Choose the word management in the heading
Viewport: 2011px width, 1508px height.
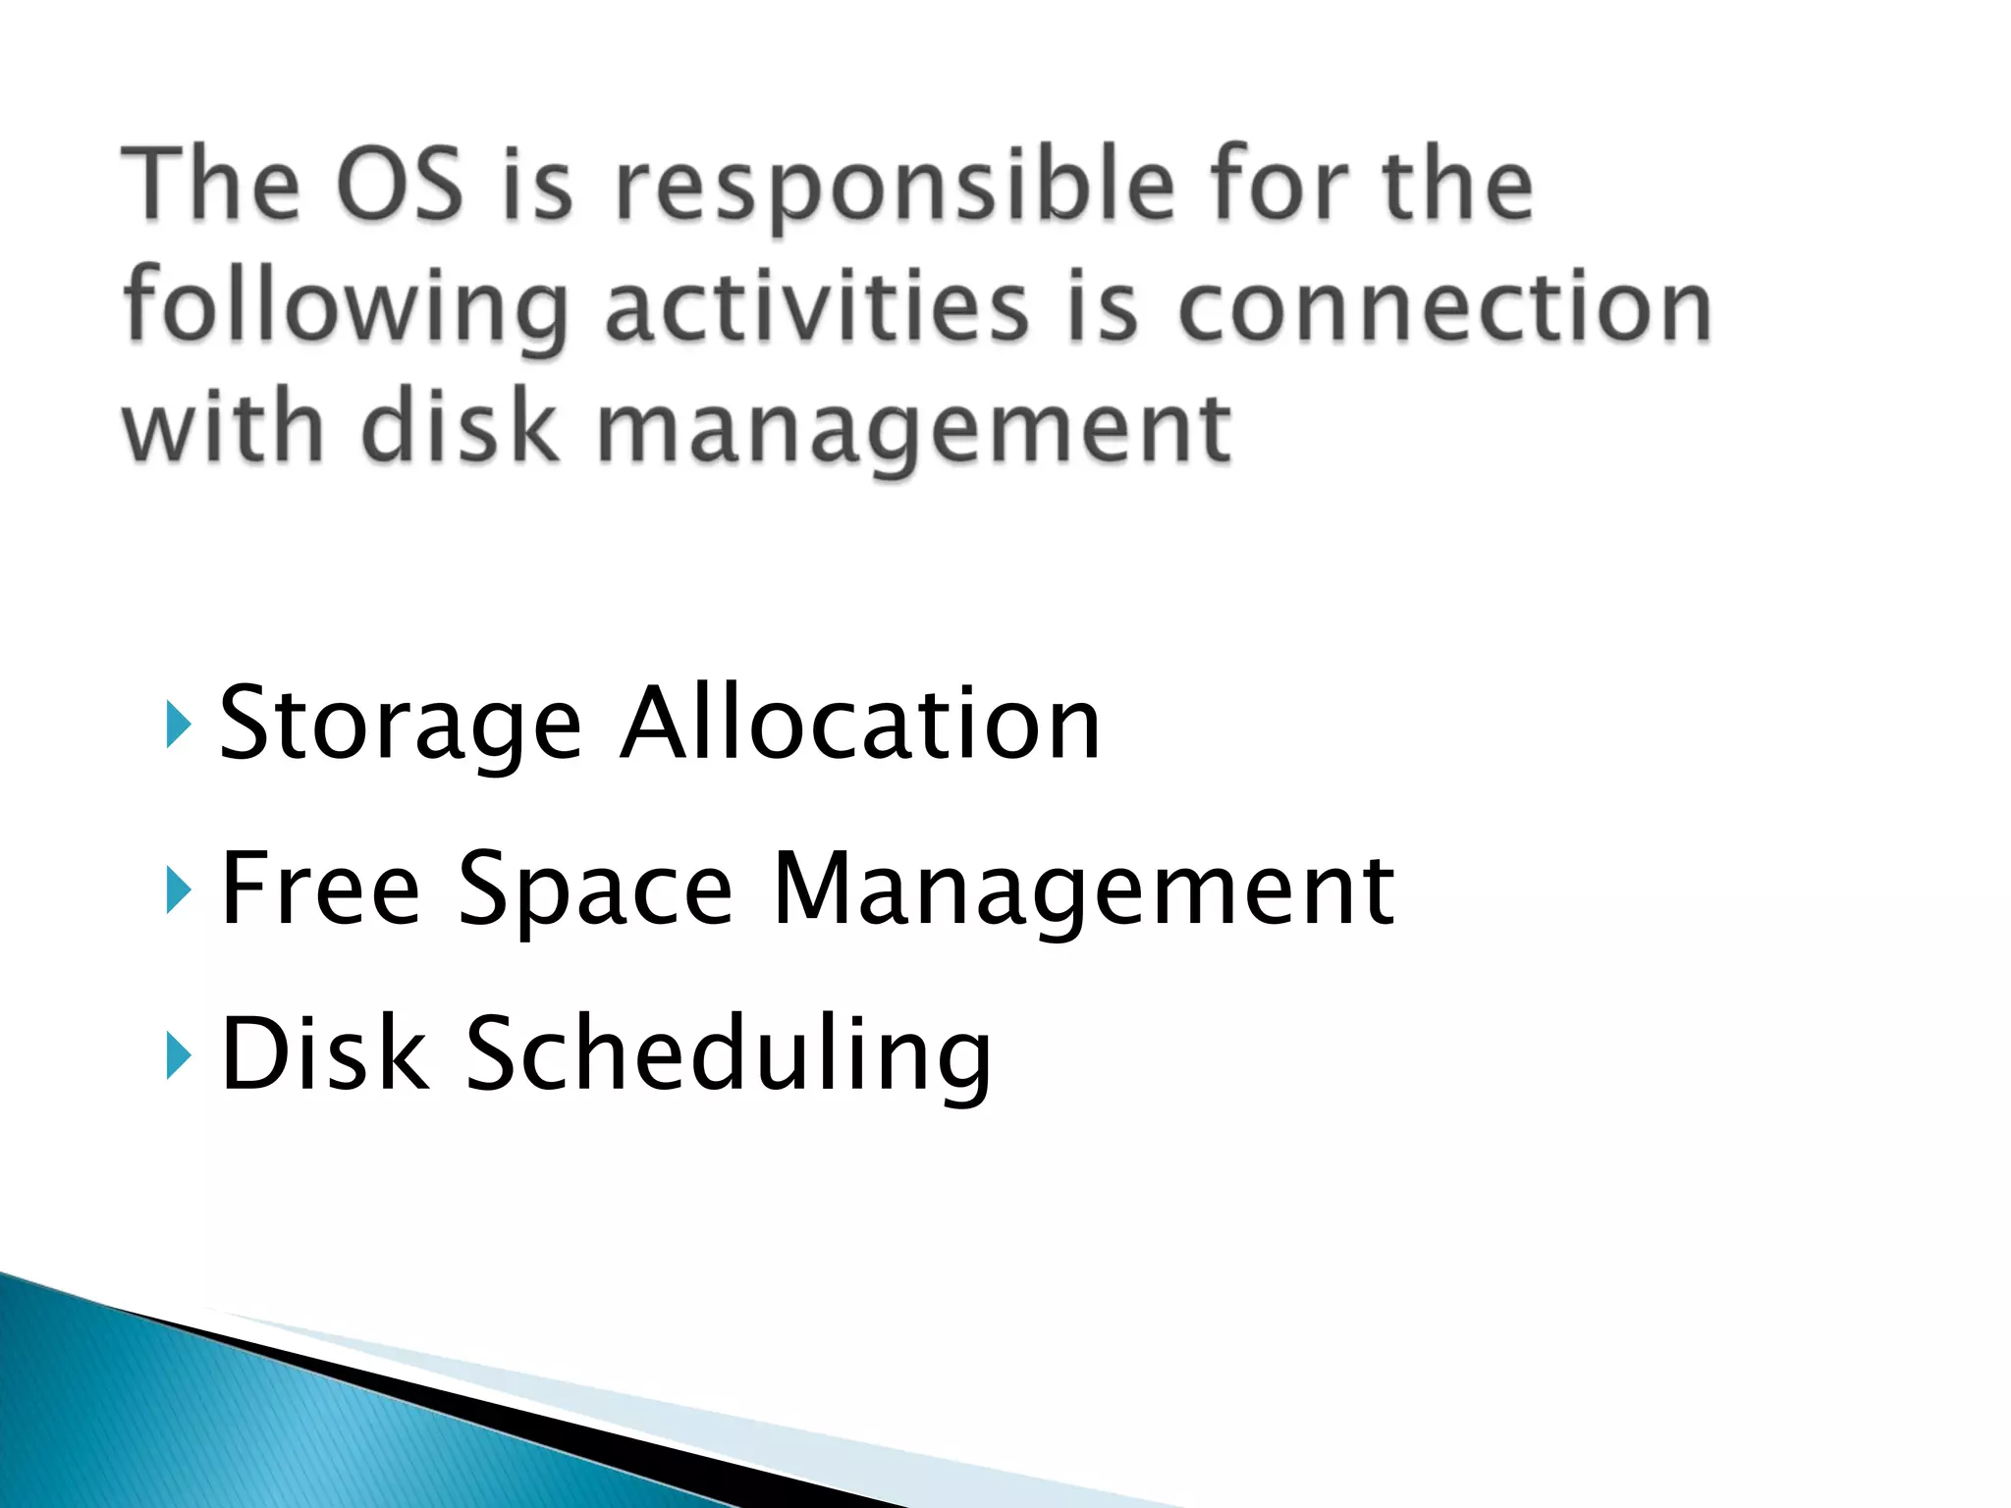(913, 432)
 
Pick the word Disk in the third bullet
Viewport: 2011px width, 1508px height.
(325, 1052)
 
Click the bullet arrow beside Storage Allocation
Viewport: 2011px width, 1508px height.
(176, 727)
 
